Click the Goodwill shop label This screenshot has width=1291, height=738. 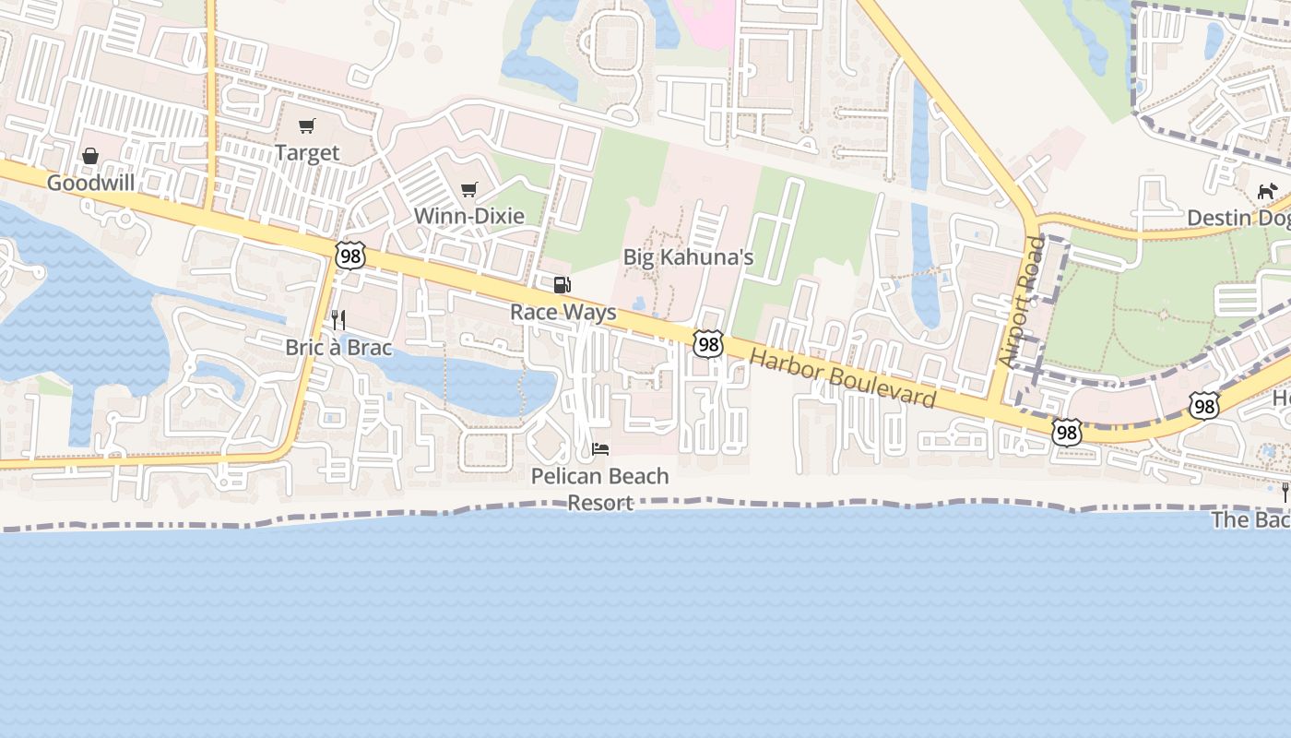point(90,183)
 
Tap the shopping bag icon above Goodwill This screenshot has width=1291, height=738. point(90,157)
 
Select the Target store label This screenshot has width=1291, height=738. point(307,153)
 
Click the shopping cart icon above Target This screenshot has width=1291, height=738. point(307,126)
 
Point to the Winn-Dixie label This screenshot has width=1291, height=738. point(468,216)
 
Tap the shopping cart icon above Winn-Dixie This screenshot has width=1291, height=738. point(468,190)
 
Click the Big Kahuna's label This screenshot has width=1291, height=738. point(688,257)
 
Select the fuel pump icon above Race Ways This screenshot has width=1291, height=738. point(563,285)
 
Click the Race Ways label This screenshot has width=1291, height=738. point(563,312)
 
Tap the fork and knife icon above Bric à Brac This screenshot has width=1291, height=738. point(338,320)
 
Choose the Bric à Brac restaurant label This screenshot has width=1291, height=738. point(338,348)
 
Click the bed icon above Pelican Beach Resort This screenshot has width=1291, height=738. point(600,449)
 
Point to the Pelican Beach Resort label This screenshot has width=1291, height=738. point(600,489)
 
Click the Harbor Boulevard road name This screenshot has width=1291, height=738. point(842,379)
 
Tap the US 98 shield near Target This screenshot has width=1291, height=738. point(350,256)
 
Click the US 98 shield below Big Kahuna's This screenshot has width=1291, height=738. point(708,344)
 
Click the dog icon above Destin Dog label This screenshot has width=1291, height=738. point(1267,192)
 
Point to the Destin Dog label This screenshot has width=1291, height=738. point(1238,218)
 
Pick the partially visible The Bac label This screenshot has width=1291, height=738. point(1250,519)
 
